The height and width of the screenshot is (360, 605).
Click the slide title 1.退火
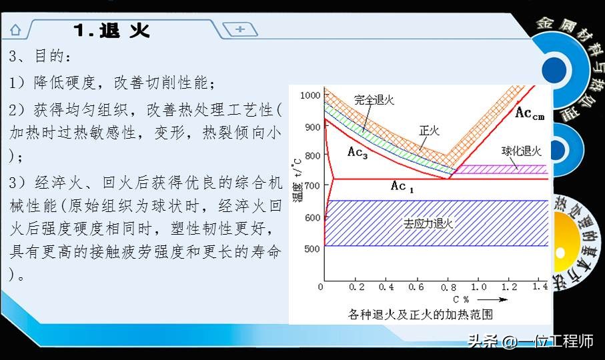(111, 31)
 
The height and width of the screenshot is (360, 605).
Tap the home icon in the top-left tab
(15, 30)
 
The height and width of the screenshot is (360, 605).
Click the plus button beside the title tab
(240, 29)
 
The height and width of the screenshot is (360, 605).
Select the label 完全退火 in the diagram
(374, 100)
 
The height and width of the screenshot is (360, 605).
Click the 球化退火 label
(522, 152)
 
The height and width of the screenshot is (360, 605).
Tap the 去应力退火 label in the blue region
(428, 223)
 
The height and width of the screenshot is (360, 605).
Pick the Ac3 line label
(358, 151)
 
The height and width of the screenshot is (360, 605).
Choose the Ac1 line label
(402, 187)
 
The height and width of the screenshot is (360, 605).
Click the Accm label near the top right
(530, 114)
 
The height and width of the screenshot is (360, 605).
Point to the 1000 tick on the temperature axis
(310, 95)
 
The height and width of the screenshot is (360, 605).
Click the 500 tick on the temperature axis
(312, 248)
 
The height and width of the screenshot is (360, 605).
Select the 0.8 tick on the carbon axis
(448, 287)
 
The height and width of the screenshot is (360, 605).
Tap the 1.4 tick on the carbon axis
(541, 287)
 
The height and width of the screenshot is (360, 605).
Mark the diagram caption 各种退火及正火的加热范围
(420, 313)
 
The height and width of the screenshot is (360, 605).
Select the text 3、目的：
(39, 57)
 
